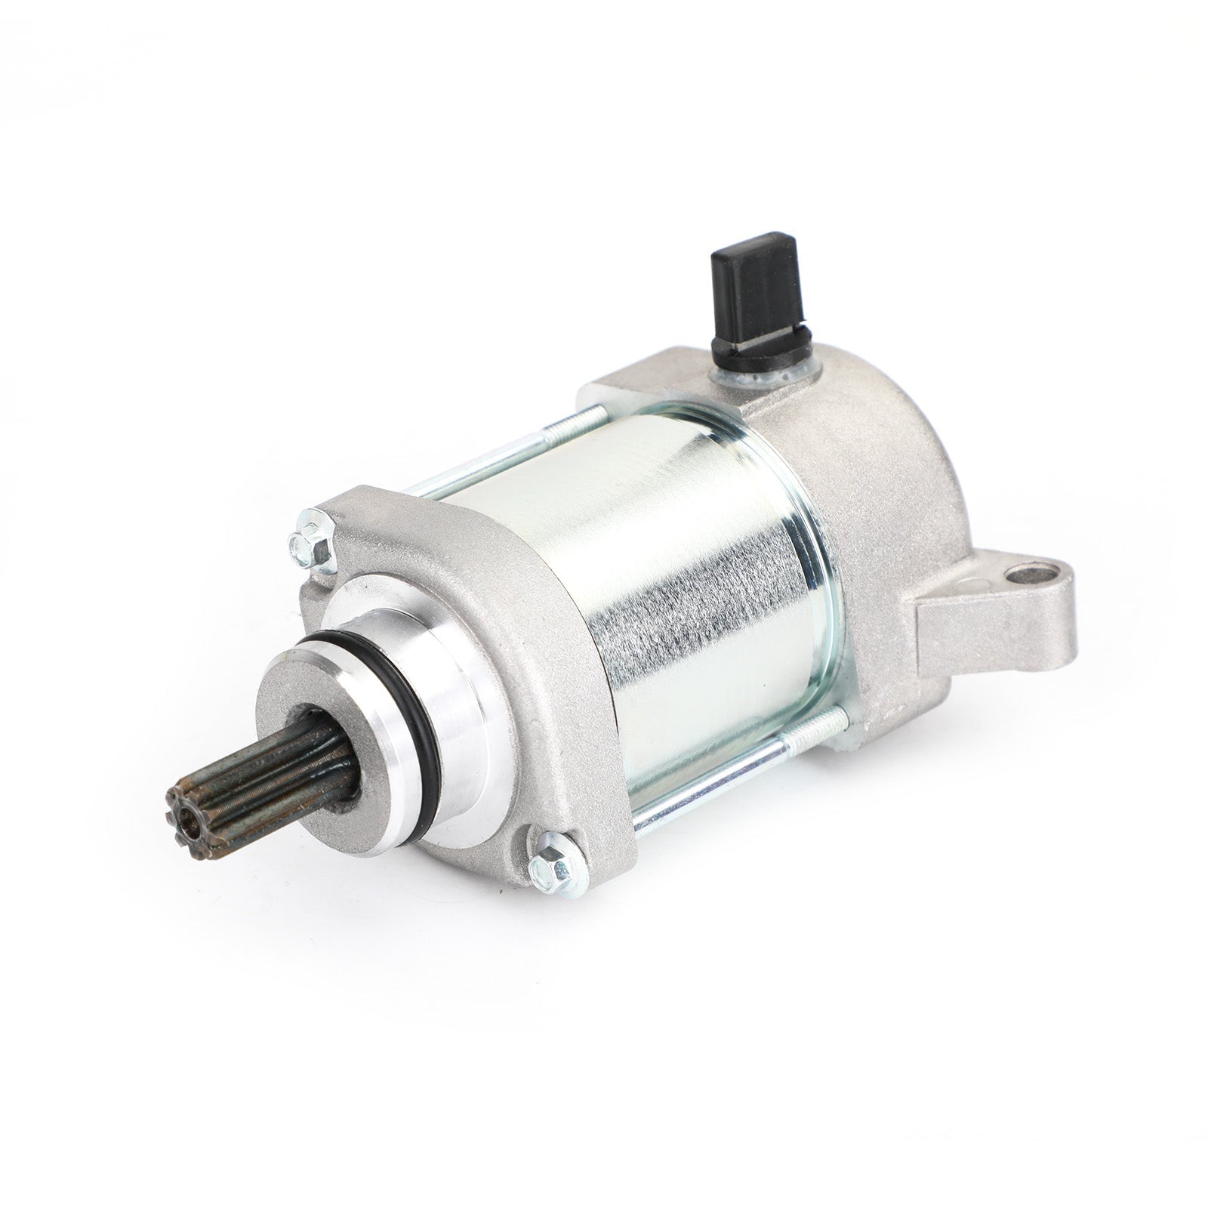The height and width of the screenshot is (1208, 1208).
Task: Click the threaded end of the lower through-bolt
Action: (830, 740)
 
